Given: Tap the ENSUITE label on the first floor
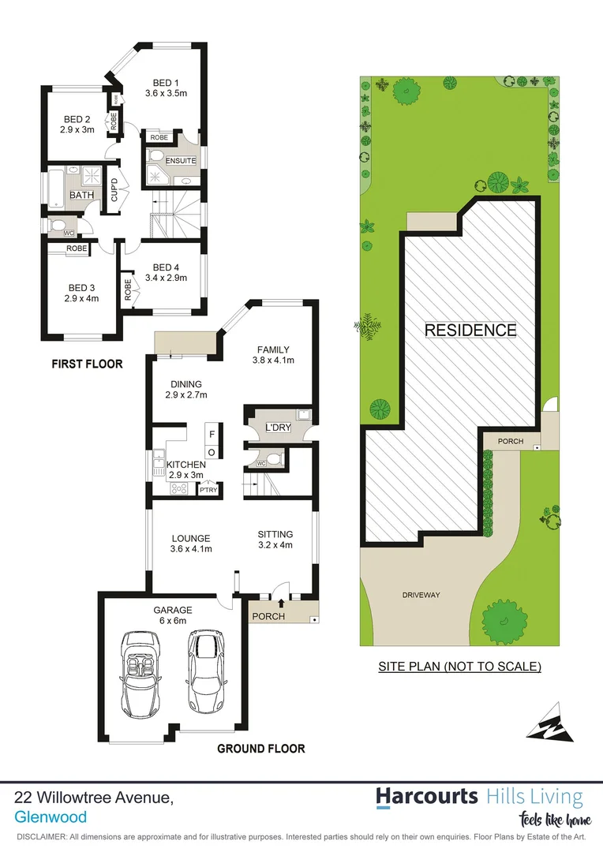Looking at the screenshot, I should tap(181, 161).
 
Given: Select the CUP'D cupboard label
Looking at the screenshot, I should tap(114, 192).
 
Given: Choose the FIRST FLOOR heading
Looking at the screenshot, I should tap(87, 364).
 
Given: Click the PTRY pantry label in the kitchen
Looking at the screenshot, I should tap(208, 490).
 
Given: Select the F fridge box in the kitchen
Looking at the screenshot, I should tap(211, 433).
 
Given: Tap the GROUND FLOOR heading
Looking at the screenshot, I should tap(260, 749).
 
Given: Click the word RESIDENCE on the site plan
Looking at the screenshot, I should tap(470, 330).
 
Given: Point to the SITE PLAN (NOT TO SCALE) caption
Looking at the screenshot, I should tap(459, 667).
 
